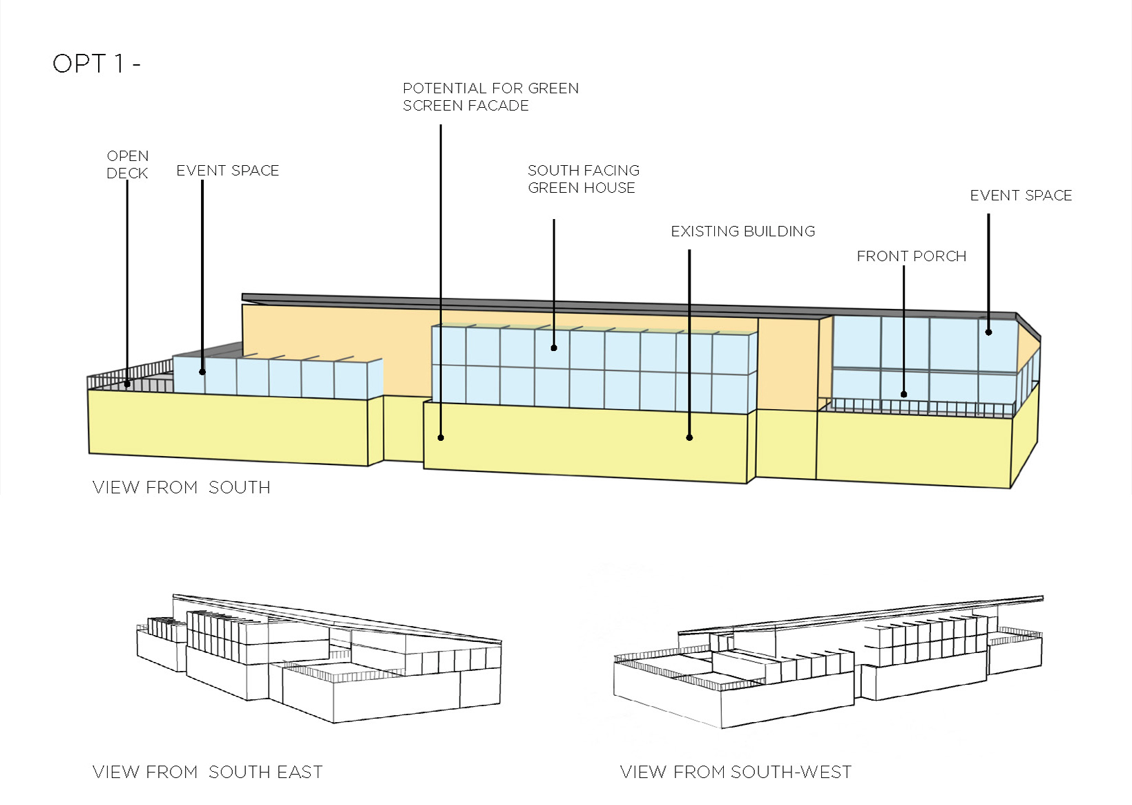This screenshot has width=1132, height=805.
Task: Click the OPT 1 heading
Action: pyautogui.click(x=96, y=64)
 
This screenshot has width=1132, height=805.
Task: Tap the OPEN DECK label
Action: pyautogui.click(x=128, y=164)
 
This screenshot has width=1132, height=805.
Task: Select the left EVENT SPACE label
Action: pyautogui.click(x=227, y=171)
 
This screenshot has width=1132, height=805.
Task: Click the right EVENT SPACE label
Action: pyautogui.click(x=1021, y=196)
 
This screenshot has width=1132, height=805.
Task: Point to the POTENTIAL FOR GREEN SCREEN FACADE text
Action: pyautogui.click(x=490, y=97)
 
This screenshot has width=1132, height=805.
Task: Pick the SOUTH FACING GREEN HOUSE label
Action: pyautogui.click(x=583, y=179)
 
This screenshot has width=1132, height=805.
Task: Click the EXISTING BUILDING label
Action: pyautogui.click(x=742, y=231)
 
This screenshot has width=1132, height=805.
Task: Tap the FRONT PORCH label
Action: pyautogui.click(x=911, y=256)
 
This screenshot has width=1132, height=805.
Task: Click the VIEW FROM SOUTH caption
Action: pyautogui.click(x=181, y=487)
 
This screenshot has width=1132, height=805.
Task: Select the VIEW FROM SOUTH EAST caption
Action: pyautogui.click(x=207, y=772)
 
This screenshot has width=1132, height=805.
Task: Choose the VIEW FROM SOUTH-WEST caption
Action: pyautogui.click(x=736, y=772)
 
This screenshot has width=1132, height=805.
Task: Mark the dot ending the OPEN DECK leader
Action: pyautogui.click(x=127, y=384)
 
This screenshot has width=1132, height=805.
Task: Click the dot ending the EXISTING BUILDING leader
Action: pyautogui.click(x=689, y=437)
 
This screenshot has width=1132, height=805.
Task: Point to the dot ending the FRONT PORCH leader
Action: pyautogui.click(x=904, y=395)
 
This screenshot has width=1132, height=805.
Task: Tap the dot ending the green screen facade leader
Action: pyautogui.click(x=441, y=437)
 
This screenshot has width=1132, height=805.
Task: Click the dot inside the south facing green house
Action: pyautogui.click(x=554, y=348)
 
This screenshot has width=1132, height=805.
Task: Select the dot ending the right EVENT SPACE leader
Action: pyautogui.click(x=988, y=332)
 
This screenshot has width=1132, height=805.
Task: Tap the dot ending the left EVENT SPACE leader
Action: pyautogui.click(x=202, y=372)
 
